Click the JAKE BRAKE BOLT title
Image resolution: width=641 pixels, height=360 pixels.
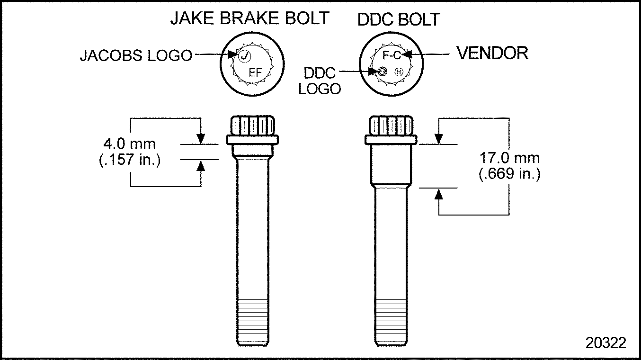tap(249, 18)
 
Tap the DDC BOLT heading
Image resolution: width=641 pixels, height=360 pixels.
tap(399, 20)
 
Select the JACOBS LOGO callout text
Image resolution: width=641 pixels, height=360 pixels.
tap(136, 55)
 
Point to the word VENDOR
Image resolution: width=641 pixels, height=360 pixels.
tap(492, 53)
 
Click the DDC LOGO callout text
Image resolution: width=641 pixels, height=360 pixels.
tap(320, 81)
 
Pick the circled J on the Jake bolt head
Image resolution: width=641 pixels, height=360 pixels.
tap(244, 56)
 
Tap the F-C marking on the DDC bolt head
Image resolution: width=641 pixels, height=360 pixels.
tap(391, 56)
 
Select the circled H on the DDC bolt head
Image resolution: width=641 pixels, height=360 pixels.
tap(399, 72)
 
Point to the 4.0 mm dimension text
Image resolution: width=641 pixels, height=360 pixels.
tap(129, 144)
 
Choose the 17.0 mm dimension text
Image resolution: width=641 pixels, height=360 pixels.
tap(509, 158)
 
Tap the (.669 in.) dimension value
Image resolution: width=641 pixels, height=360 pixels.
tap(509, 174)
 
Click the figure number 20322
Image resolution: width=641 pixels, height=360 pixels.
tap(605, 343)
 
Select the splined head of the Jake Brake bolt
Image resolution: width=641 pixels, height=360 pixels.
tap(252, 126)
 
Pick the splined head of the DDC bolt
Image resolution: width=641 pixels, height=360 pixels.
tap(391, 126)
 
